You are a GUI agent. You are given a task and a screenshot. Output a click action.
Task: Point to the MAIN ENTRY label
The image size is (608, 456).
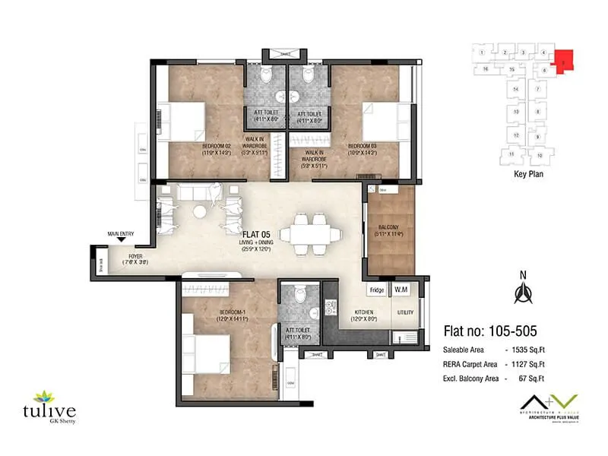pyautogui.click(x=121, y=234)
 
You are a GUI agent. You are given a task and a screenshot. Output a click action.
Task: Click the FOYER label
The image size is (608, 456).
pyautogui.click(x=135, y=257)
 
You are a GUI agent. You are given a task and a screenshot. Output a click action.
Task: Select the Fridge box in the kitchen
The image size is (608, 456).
pyautogui.click(x=377, y=290)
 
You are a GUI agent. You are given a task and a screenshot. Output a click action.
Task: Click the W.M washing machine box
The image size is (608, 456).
pyautogui.click(x=401, y=290)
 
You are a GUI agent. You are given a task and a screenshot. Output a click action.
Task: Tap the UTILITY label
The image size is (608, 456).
pyautogui.click(x=404, y=312)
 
